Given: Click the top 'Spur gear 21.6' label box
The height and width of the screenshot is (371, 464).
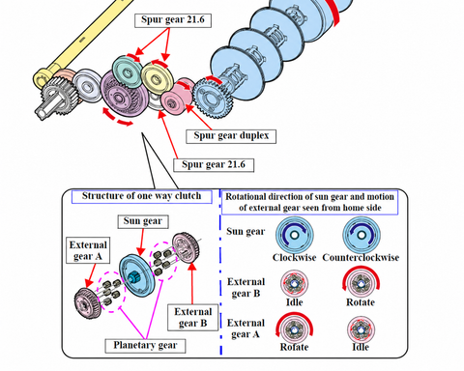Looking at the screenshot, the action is coord(173,20).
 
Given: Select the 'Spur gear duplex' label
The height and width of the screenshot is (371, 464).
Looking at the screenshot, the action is coord(231,136).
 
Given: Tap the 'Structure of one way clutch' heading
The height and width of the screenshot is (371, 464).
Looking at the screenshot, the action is coord(142,196).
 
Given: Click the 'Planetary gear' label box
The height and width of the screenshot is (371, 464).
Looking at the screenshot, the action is coord(145,346).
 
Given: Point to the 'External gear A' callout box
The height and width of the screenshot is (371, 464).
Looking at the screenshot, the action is coord(88,250).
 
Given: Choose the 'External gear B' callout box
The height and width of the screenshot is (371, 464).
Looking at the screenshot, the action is coord(192,317).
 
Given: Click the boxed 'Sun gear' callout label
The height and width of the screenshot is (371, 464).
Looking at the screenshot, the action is coord(143,221).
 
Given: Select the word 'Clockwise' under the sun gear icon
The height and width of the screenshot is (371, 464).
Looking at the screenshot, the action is coord(294,258).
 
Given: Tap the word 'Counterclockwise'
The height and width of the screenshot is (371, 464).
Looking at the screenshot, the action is coord(361,258).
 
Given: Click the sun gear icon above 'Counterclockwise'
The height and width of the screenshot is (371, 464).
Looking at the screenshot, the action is coord(362,235).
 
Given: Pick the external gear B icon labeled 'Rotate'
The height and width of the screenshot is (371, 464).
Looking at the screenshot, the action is coord(361,283).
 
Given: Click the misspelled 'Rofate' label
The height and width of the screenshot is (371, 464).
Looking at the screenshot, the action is coord(294,347).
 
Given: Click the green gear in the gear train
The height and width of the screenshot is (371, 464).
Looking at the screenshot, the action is coord(128,71).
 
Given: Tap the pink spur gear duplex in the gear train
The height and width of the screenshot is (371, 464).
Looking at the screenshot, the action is coord(177,96).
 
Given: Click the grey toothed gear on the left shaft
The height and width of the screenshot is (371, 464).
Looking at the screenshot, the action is coord(58,96).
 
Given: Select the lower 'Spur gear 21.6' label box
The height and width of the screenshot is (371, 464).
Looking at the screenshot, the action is coord(214,165).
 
